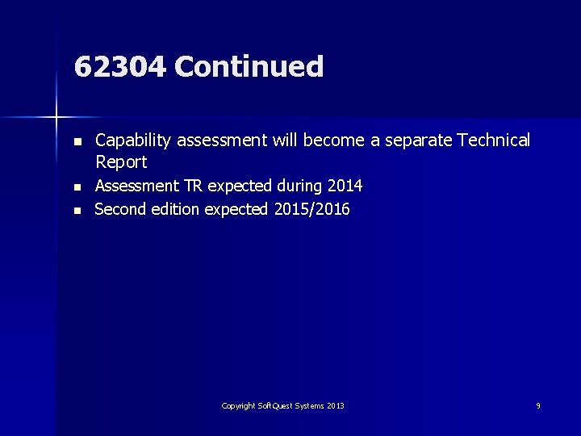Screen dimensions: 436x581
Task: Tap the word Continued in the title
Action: (249, 67)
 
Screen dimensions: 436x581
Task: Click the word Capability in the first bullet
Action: (133, 140)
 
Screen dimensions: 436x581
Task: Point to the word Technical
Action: (494, 140)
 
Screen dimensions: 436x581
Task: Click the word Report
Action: (121, 162)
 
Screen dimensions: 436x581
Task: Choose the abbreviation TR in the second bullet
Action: (193, 187)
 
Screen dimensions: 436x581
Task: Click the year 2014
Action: (344, 187)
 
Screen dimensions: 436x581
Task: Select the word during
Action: (299, 187)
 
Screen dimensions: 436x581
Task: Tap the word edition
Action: (176, 210)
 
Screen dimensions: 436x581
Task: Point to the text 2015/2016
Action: (312, 210)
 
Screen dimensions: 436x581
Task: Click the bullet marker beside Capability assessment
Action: (77, 141)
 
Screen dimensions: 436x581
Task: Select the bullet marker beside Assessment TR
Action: (77, 187)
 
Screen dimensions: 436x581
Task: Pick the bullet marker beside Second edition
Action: (77, 211)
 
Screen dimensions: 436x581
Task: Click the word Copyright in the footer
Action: (238, 406)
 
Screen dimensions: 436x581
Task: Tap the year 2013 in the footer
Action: (336, 406)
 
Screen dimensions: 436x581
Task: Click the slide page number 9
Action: (538, 406)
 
